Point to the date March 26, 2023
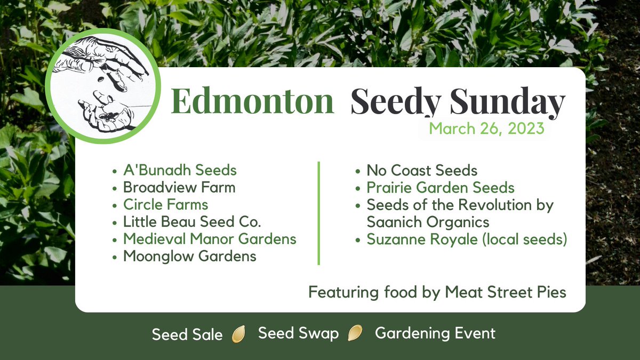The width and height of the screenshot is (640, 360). (x=486, y=129)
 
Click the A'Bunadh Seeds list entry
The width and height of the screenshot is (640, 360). (x=180, y=171)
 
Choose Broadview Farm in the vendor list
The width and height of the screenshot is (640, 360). (x=179, y=188)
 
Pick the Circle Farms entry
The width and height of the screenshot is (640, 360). (x=165, y=205)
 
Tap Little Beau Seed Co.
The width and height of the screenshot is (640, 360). (x=192, y=222)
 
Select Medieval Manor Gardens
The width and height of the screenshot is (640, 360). (x=210, y=239)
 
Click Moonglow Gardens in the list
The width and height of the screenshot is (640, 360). (x=189, y=256)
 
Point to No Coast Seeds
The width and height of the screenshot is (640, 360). (x=421, y=171)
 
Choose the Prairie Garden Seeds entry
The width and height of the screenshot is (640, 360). (x=440, y=188)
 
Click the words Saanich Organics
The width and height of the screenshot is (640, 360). (x=428, y=221)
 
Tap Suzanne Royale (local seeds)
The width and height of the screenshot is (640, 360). (x=466, y=239)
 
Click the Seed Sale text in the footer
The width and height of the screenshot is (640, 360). (x=187, y=335)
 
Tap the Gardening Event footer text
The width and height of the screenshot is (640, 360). (x=435, y=334)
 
